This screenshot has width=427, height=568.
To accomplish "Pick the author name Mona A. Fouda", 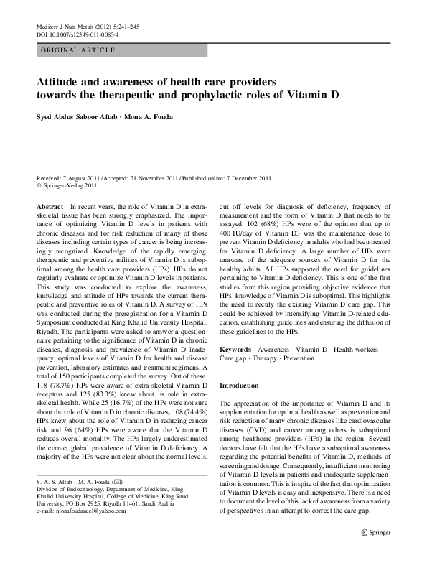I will point(156,117).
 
